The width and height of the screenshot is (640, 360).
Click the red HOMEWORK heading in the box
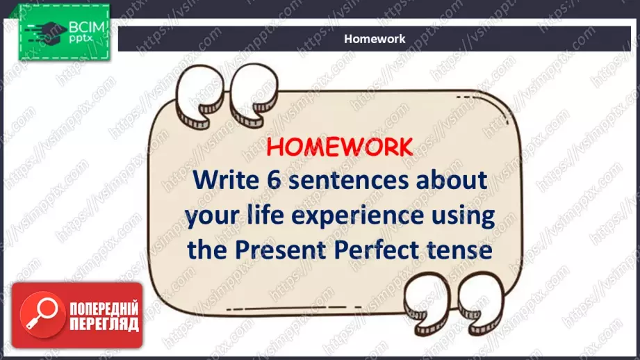(340, 147)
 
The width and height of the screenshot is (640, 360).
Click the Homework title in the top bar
(375, 39)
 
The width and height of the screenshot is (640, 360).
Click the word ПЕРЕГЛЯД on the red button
(104, 324)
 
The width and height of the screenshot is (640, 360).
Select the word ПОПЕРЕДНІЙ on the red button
(104, 309)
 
